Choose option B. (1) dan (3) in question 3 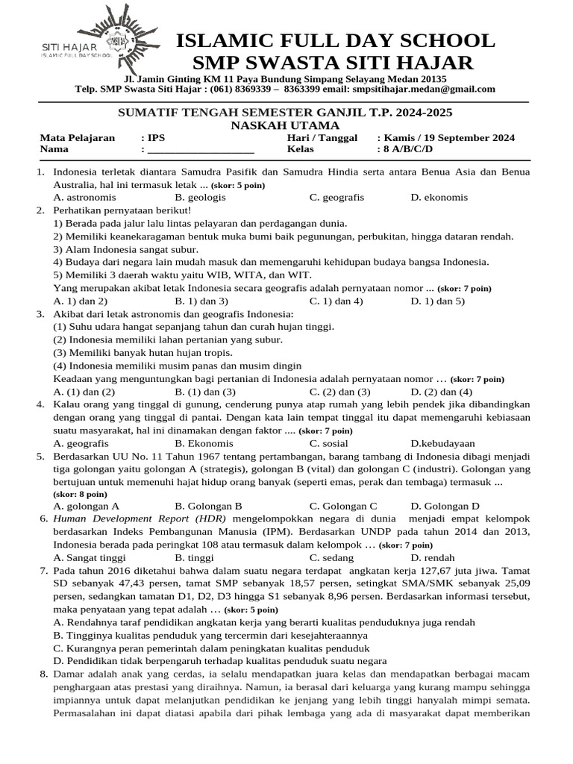205,392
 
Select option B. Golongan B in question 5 208,506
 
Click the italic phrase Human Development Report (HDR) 140,518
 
